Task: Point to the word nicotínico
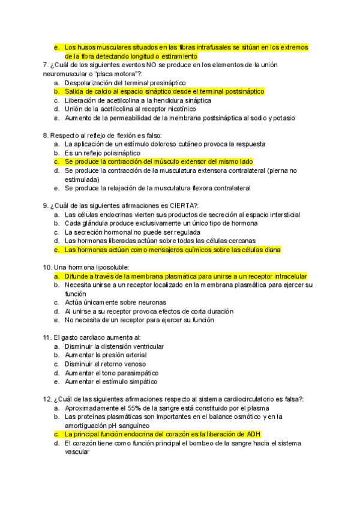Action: point(178,109)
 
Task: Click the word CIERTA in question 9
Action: point(180,206)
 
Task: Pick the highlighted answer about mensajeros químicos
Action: point(172,250)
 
